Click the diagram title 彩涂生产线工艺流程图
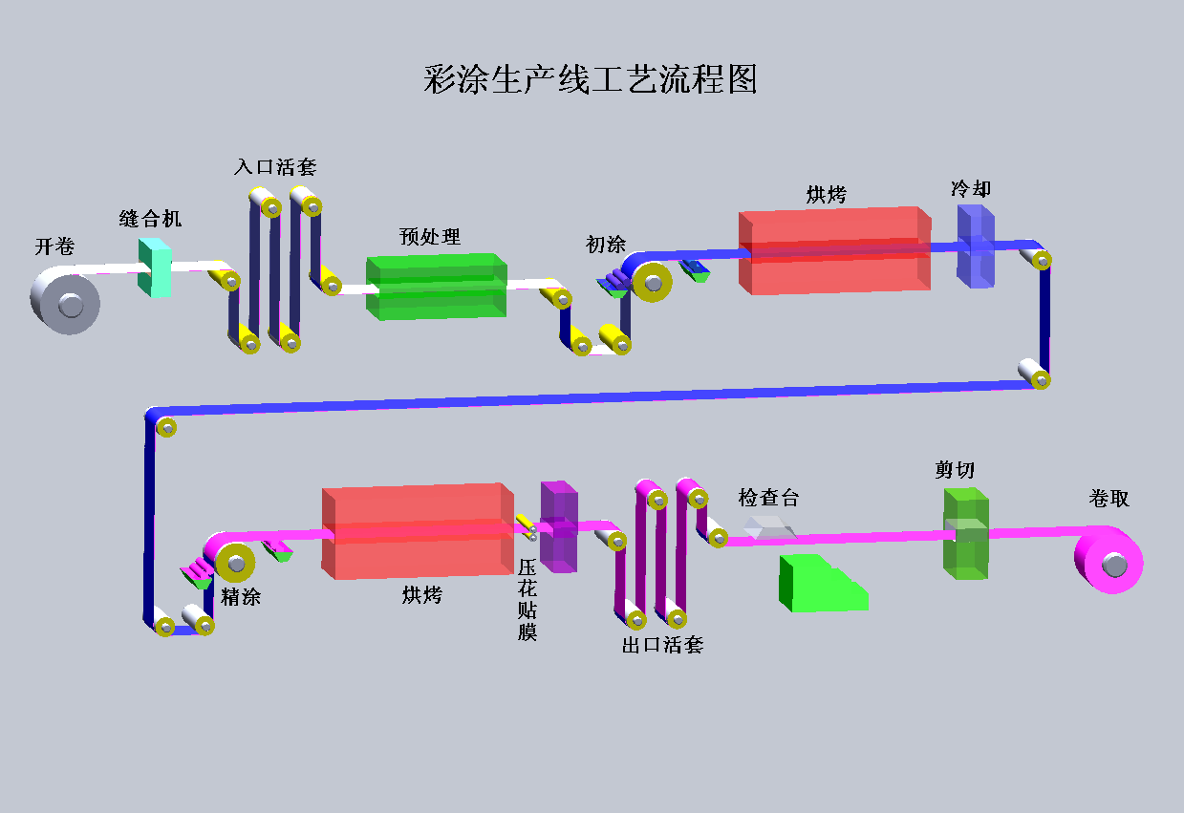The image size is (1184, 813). click(x=591, y=79)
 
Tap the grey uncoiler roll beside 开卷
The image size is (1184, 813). click(x=66, y=300)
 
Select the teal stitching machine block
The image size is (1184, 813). click(x=154, y=267)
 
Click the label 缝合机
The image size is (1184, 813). click(x=150, y=219)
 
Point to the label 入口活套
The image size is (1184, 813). click(x=275, y=167)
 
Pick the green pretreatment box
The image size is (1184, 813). click(x=436, y=286)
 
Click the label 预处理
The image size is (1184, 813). click(x=430, y=236)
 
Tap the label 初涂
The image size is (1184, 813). click(x=606, y=245)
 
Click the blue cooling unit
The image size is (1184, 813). click(x=976, y=246)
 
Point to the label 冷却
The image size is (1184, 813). click(x=971, y=189)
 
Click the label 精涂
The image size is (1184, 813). click(x=241, y=597)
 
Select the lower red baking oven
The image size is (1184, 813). click(x=417, y=531)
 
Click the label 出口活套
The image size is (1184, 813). click(x=662, y=645)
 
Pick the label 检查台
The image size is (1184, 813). click(x=768, y=498)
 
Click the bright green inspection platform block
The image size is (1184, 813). click(x=819, y=583)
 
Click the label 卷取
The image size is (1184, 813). click(x=1109, y=498)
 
